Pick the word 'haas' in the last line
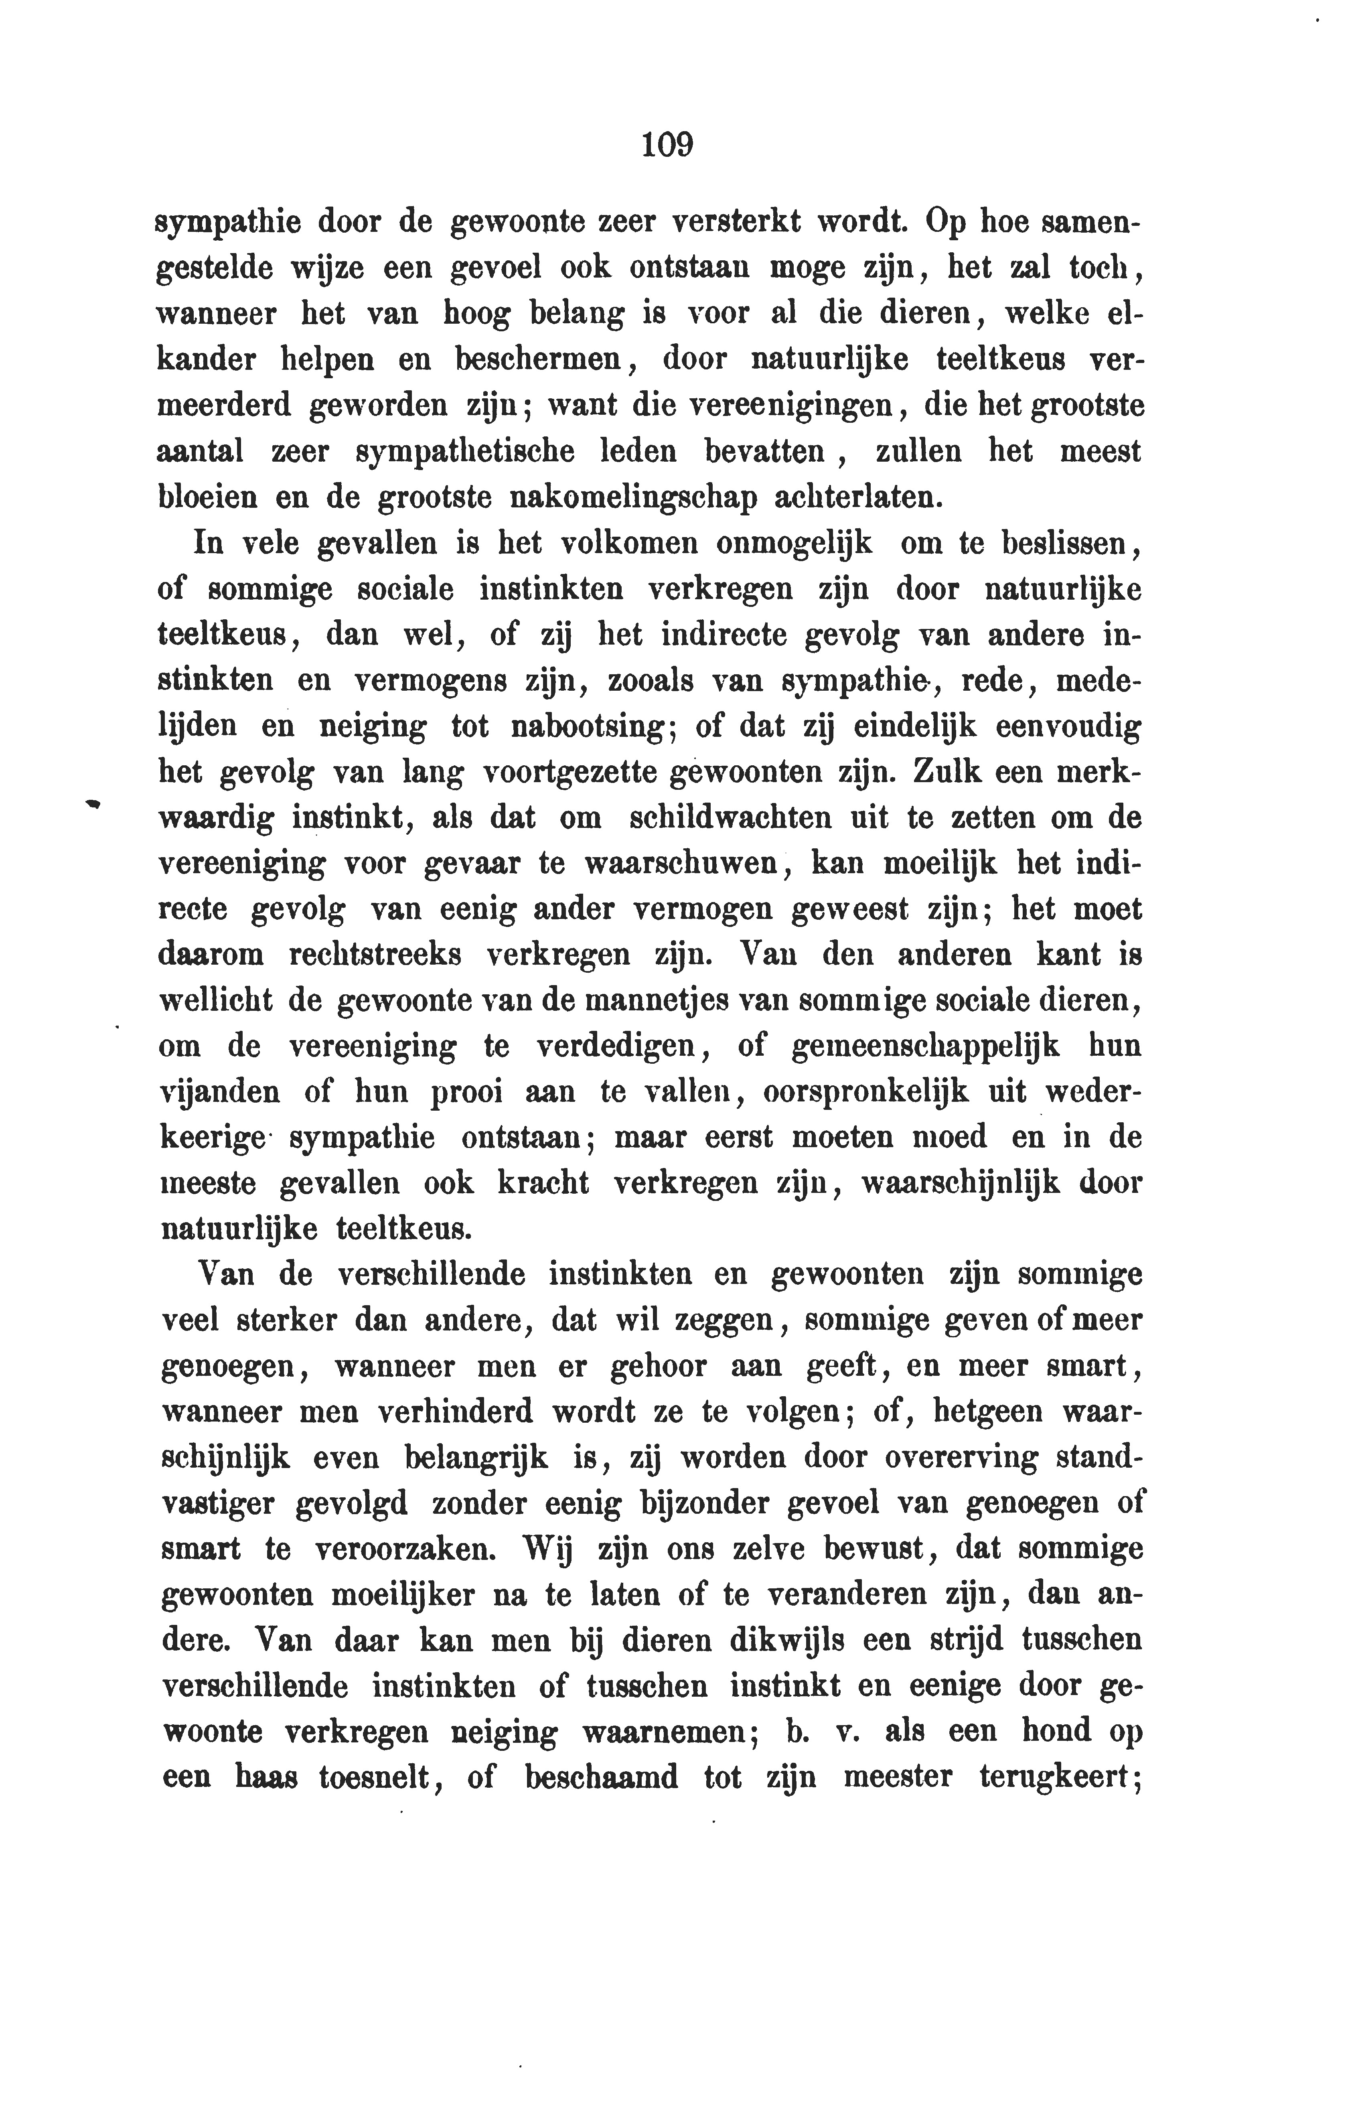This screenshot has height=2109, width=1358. click(266, 1776)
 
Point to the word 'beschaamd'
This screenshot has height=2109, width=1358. click(602, 1776)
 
